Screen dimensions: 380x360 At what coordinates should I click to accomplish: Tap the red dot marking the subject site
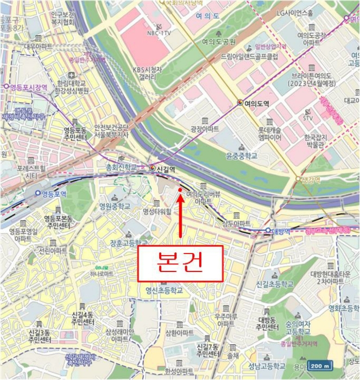tap(180, 190)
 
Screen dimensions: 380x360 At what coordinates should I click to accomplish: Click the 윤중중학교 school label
tap(241, 155)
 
